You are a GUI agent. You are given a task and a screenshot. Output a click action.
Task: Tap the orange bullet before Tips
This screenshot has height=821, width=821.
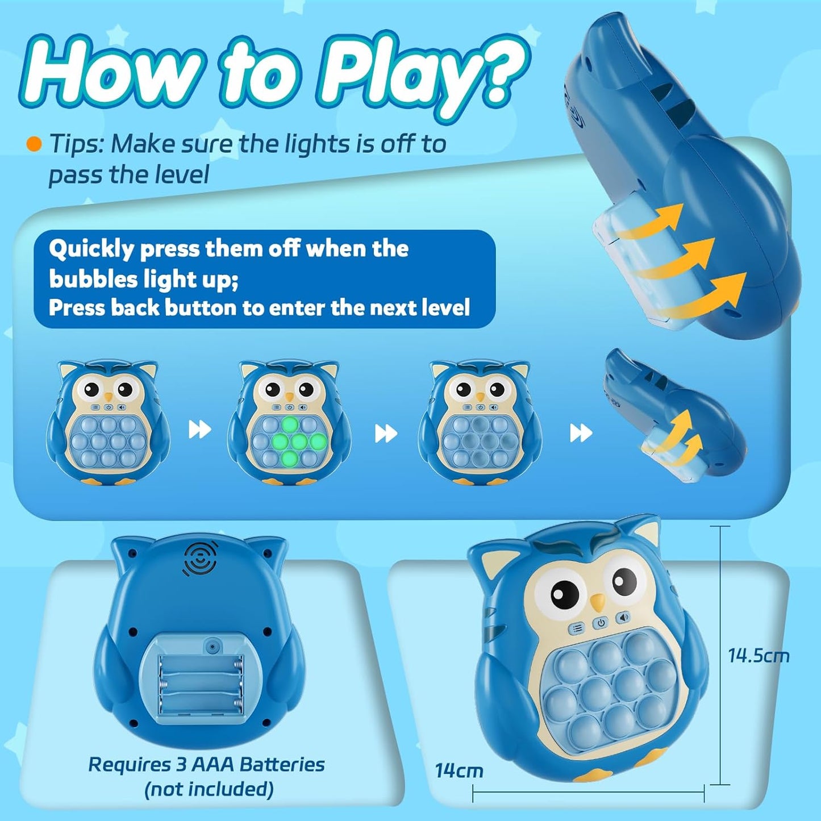34,144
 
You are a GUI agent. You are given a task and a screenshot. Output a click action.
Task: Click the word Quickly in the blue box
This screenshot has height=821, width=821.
91,249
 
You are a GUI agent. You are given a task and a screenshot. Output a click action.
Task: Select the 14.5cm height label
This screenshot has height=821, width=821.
759,656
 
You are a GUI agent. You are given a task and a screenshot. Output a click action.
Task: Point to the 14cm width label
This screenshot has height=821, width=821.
459,770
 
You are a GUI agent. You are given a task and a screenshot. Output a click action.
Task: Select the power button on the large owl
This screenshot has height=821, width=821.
601,623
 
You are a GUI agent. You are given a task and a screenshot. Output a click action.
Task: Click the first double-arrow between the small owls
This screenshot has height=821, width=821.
199,430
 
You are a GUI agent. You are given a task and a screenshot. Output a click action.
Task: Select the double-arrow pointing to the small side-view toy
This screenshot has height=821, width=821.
581,433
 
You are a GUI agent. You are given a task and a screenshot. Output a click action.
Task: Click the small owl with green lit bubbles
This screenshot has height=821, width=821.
290,423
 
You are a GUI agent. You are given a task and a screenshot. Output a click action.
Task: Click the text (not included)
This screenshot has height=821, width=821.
209,789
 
